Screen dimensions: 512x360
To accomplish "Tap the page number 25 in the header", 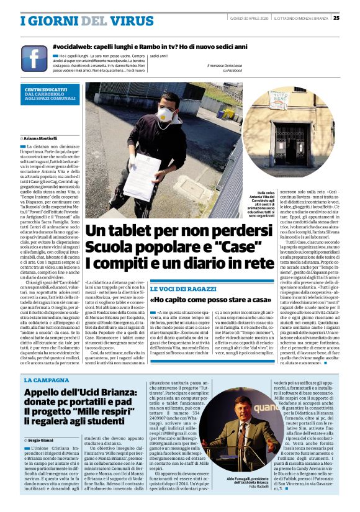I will click(x=353, y=17).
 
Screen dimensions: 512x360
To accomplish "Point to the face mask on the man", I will click(x=164, y=115).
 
